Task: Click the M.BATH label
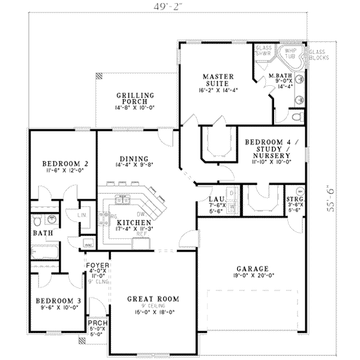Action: click(x=280, y=76)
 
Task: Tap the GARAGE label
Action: click(x=253, y=269)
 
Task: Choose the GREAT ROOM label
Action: click(x=154, y=298)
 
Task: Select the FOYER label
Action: click(x=97, y=264)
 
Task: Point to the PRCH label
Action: click(x=97, y=323)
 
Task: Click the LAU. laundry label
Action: click(x=216, y=199)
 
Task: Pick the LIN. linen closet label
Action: click(x=83, y=214)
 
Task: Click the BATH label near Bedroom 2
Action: click(x=42, y=233)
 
